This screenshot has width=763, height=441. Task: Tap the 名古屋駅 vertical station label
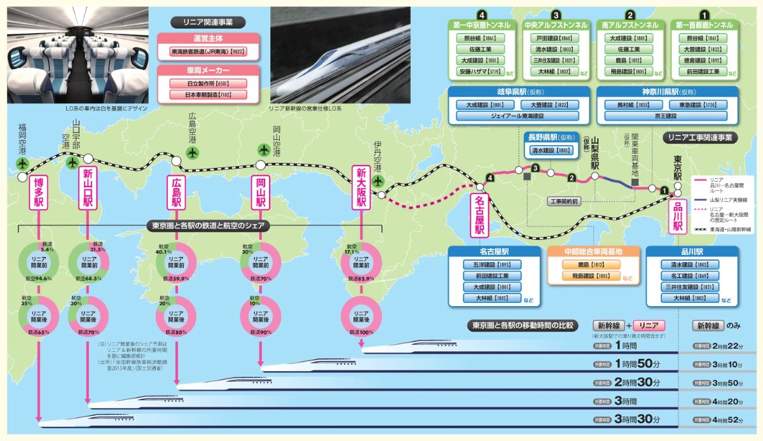coord(479,214)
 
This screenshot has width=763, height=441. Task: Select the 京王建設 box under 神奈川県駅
coord(665,116)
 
